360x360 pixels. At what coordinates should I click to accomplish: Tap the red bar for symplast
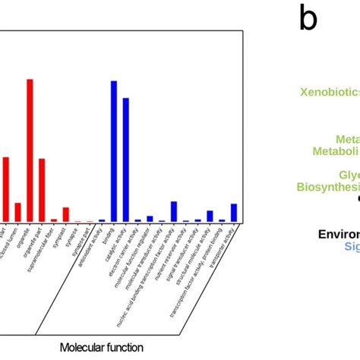point(66,214)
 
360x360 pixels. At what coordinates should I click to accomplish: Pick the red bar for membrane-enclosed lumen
point(17,212)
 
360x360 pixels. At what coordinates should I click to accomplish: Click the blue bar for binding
point(114,151)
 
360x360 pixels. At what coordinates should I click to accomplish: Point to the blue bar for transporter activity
point(234,213)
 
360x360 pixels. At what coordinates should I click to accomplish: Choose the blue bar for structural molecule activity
point(210,216)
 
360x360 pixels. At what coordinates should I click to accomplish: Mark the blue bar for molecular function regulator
point(150,218)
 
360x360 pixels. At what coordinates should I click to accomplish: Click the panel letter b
point(308,18)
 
